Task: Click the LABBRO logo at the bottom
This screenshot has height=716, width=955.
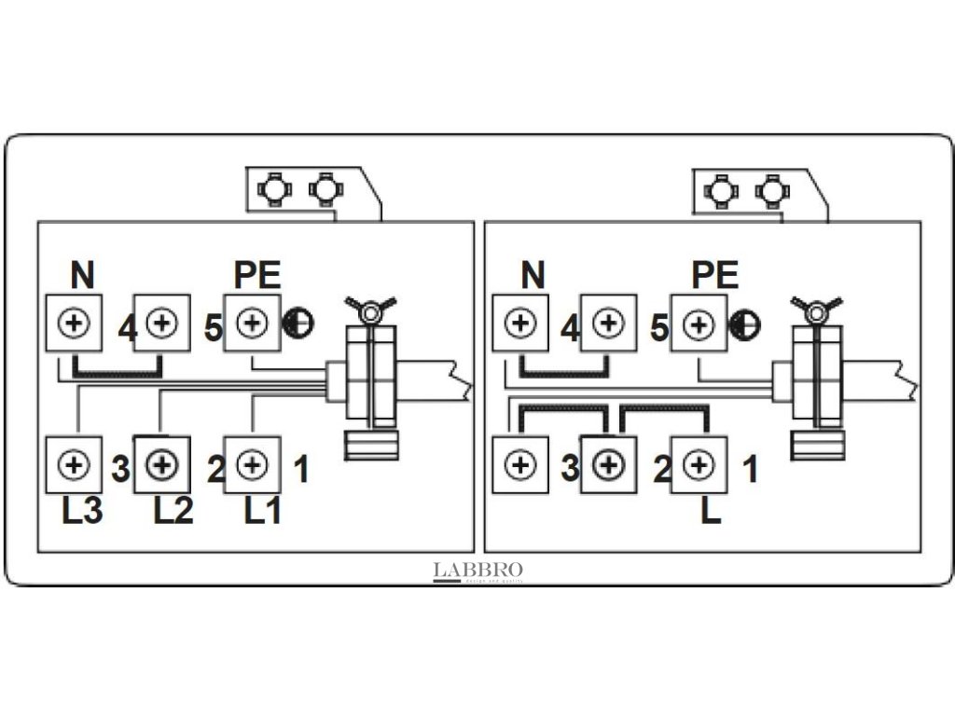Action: (478, 571)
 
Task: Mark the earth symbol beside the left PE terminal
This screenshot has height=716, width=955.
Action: (298, 323)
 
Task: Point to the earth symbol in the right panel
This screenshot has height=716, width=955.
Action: (745, 324)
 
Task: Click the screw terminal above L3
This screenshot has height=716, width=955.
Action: (74, 463)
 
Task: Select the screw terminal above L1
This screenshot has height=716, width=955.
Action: (252, 463)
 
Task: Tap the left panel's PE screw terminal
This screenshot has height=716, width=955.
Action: (251, 324)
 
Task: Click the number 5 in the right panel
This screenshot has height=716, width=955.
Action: (659, 329)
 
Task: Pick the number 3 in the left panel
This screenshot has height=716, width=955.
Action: (120, 469)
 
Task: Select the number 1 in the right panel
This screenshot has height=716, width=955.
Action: (749, 469)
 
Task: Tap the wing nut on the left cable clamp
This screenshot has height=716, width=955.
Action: (370, 309)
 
